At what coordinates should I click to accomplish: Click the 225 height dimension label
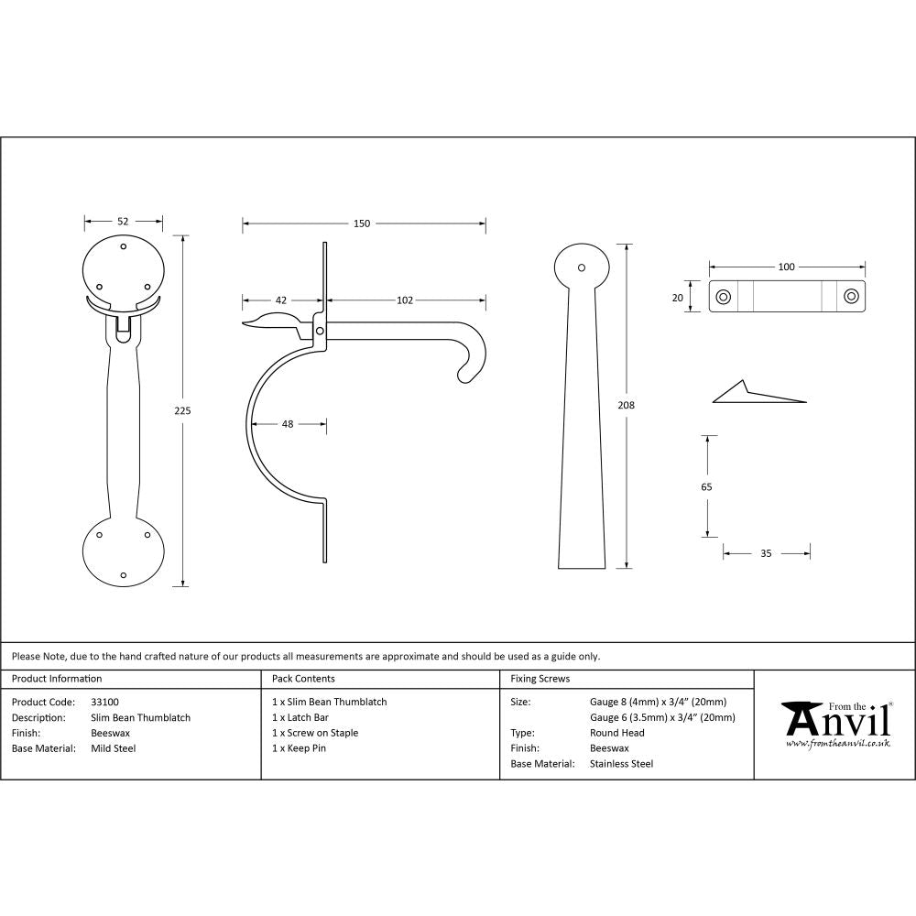pyautogui.click(x=182, y=411)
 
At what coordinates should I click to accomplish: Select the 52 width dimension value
pyautogui.click(x=123, y=221)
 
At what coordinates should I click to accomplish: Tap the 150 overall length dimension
pyautogui.click(x=362, y=224)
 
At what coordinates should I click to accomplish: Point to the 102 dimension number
pyautogui.click(x=405, y=300)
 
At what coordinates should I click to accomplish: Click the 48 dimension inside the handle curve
pyautogui.click(x=288, y=424)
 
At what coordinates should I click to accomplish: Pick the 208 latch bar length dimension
pyautogui.click(x=627, y=405)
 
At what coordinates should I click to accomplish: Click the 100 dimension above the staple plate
pyautogui.click(x=786, y=267)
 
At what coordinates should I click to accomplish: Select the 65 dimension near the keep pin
pyautogui.click(x=706, y=487)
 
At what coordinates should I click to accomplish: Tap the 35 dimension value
pyautogui.click(x=766, y=553)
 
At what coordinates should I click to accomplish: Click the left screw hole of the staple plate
pyautogui.click(x=724, y=296)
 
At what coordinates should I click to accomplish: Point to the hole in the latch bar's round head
pyautogui.click(x=581, y=267)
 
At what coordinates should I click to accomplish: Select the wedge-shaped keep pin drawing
pyautogui.click(x=757, y=393)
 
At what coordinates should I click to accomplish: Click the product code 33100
pyautogui.click(x=104, y=702)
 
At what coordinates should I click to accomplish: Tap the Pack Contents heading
pyautogui.click(x=303, y=679)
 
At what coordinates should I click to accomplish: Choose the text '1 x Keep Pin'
pyautogui.click(x=300, y=748)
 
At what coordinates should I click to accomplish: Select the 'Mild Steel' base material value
pyautogui.click(x=114, y=748)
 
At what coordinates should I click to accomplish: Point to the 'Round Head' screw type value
pyautogui.click(x=617, y=733)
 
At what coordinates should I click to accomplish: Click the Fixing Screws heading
pyautogui.click(x=540, y=679)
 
